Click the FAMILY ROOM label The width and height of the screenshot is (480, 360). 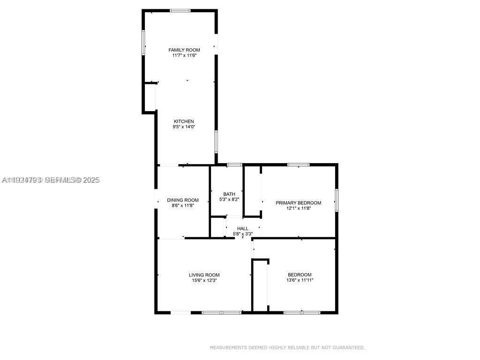pos(184,50)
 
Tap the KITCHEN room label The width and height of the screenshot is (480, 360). pos(184,121)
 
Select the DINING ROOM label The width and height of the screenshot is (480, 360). pos(183,200)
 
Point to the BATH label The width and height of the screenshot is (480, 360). pos(229,194)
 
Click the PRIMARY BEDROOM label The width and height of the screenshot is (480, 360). pos(298,203)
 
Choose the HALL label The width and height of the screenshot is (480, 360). pos(243,229)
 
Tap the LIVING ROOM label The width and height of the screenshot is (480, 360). pos(204,275)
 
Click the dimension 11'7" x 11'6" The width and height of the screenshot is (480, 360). pos(184,55)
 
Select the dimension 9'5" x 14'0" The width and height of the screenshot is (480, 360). pos(184,127)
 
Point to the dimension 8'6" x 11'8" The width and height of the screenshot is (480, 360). pos(183,205)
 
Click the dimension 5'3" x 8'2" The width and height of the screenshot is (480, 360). pos(229,199)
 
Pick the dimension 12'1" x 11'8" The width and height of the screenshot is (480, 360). pos(298,208)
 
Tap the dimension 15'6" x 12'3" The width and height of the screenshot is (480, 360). pos(204,280)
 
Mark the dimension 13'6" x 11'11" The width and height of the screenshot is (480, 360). pos(300,280)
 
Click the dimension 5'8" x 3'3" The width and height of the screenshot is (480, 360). pos(243,234)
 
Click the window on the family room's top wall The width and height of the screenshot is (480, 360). pos(180,10)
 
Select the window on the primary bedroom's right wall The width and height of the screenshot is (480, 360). pos(336,200)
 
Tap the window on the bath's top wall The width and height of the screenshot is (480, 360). pos(234,165)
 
